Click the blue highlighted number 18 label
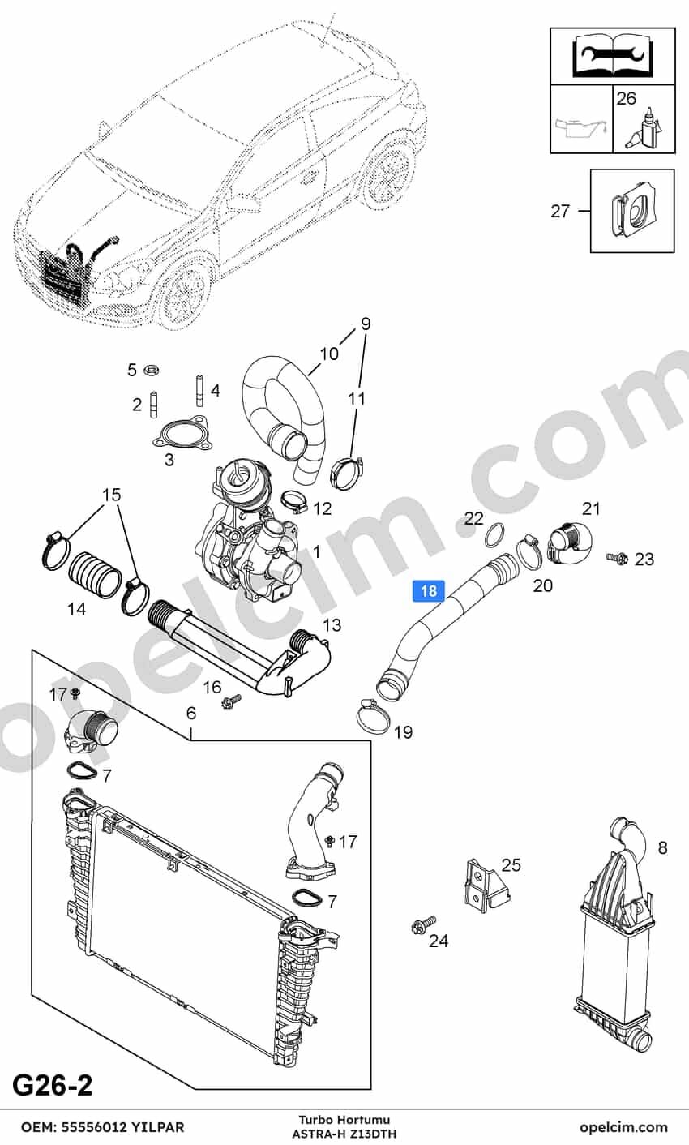(428, 591)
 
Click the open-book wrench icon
(612, 57)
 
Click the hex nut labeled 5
(151, 369)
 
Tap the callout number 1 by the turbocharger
(317, 551)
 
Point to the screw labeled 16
(232, 701)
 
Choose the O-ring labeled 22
(494, 535)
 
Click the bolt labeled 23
(617, 558)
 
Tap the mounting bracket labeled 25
(486, 882)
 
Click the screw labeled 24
(423, 923)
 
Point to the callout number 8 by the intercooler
(662, 848)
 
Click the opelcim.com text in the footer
(623, 1126)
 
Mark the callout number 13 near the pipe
(332, 624)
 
